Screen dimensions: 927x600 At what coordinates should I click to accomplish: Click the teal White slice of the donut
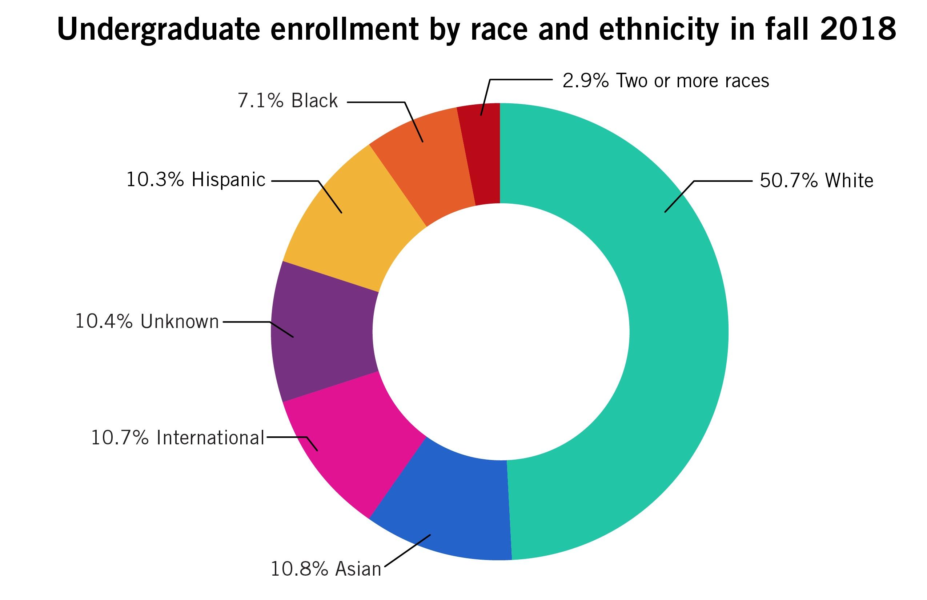[678, 331]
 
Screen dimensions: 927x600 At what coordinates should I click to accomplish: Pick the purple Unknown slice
[323, 331]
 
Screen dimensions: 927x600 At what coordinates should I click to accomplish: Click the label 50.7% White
[816, 180]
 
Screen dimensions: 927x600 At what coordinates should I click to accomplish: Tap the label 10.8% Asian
[326, 569]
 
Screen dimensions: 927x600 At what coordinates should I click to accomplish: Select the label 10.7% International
[178, 437]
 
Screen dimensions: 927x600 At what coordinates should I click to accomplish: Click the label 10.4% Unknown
[147, 321]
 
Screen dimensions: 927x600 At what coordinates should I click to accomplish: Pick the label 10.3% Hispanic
[196, 180]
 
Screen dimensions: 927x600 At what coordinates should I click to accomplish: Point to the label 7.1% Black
[288, 100]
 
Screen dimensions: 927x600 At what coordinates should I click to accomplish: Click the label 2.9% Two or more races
[666, 81]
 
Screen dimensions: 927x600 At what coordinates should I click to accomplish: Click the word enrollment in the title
[344, 29]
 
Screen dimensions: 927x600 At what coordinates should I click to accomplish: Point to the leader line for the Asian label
[408, 551]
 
